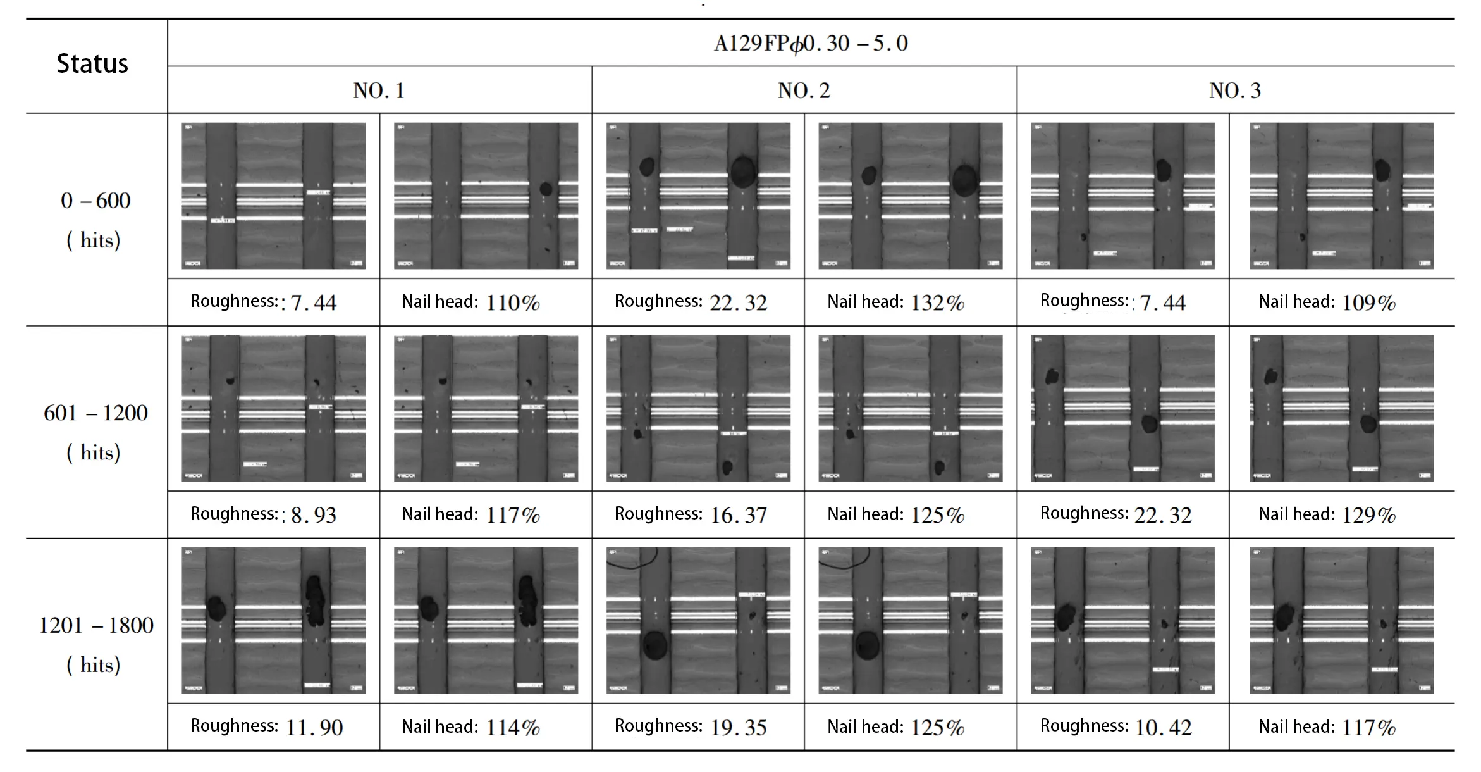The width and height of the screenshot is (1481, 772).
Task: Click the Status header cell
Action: pos(92,64)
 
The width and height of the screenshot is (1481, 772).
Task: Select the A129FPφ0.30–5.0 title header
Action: pos(810,43)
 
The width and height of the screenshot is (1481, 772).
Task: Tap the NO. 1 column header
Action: pos(379,90)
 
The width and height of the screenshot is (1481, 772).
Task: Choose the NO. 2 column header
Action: pos(804,90)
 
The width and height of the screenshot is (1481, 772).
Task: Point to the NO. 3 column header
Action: pos(1234,90)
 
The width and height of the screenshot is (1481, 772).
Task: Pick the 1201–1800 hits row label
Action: pos(95,644)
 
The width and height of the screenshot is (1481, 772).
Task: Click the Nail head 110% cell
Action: pos(470,302)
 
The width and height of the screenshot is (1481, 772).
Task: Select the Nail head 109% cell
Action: pos(1327,302)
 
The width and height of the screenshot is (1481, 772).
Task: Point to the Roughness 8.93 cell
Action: pos(263,514)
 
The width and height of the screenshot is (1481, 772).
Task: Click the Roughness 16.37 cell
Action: pos(691,514)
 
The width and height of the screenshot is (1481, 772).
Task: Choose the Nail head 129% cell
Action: pos(1327,514)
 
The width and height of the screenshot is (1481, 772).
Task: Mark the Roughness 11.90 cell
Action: pos(266,726)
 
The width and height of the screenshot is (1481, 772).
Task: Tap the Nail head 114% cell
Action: pos(470,726)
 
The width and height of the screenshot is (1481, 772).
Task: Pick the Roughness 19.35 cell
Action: pos(691,726)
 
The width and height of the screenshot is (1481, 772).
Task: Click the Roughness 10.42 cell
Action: pos(1115,726)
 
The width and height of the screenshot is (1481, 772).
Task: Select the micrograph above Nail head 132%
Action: pos(910,196)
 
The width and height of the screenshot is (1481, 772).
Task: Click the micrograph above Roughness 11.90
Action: pos(273,620)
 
